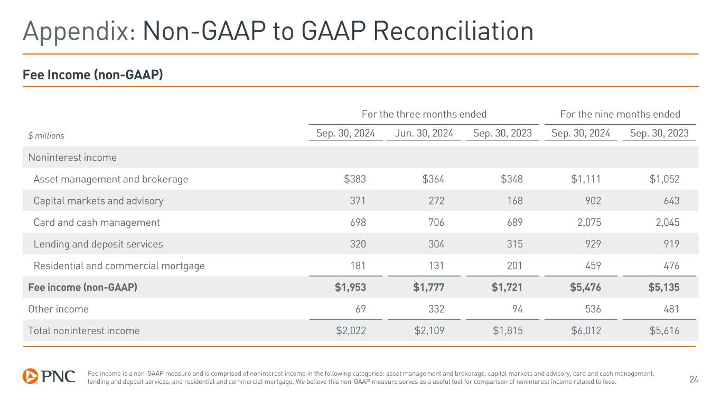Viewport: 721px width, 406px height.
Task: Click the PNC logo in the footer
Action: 49,376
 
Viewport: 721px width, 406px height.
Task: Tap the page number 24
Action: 694,379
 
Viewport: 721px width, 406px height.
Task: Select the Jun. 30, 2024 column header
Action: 424,134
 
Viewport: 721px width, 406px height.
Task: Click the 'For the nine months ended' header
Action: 620,114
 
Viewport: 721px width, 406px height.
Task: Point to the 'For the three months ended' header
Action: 424,114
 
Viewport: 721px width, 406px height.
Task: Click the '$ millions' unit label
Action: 46,136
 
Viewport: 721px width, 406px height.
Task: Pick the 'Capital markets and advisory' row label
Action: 98,201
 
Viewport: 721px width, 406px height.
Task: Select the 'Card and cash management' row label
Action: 97,223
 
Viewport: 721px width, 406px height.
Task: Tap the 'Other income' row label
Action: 58,309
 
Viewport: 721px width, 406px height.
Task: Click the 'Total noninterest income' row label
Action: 83,331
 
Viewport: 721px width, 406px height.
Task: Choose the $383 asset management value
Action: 354,179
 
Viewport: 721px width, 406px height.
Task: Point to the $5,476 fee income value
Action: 585,288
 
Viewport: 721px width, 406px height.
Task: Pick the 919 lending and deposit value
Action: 670,244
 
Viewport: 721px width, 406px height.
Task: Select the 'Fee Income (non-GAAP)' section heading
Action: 92,76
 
